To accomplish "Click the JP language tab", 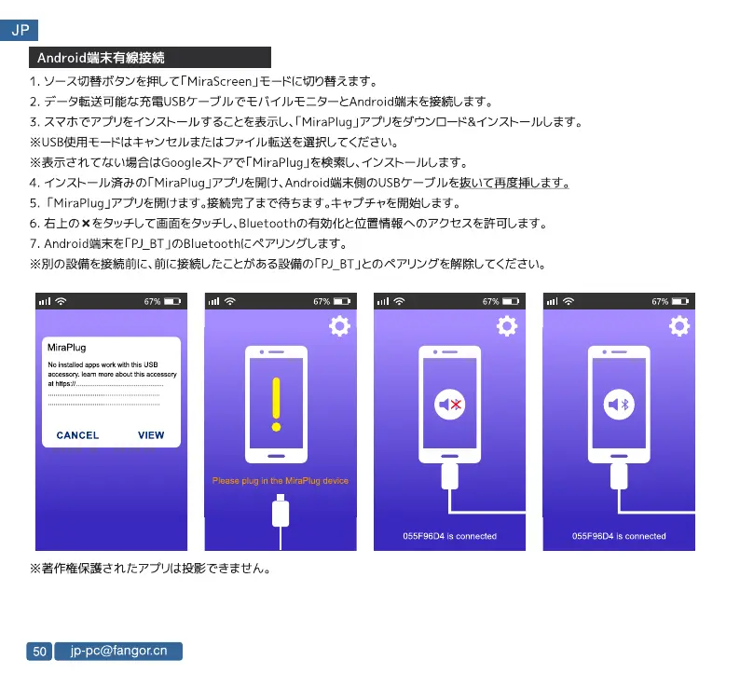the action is click(x=19, y=31).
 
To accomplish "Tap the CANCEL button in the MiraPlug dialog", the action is click(x=77, y=435).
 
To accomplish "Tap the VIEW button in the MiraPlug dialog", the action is click(x=151, y=435).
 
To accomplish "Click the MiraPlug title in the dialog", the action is click(x=67, y=348).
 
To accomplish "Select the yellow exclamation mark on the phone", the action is click(x=276, y=404).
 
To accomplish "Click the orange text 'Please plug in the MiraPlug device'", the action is click(x=281, y=481).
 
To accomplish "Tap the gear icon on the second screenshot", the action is click(x=339, y=325).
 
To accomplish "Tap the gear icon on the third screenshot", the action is click(x=507, y=325).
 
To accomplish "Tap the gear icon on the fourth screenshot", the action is click(x=679, y=325).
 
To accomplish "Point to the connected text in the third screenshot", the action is click(x=449, y=536).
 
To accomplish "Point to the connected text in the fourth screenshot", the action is click(x=619, y=536).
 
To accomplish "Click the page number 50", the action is click(x=39, y=652).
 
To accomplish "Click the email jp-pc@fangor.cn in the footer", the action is click(x=118, y=651).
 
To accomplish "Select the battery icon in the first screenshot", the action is click(x=172, y=301).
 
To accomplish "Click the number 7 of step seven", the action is click(x=34, y=244).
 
